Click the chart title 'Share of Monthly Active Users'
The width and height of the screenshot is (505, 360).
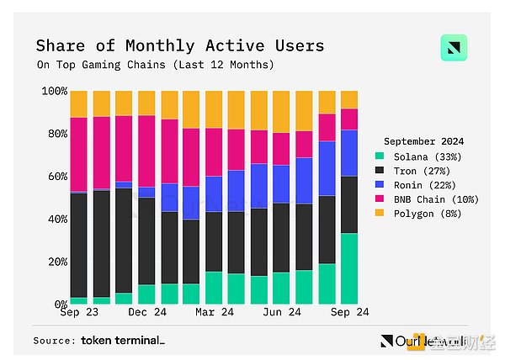point(179,45)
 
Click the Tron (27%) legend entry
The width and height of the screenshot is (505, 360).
point(418,171)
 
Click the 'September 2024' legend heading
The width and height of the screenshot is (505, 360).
point(424,141)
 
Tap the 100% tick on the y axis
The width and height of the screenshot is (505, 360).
point(54,91)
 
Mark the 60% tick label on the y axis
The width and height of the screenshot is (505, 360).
point(56,176)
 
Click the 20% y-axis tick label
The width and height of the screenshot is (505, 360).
point(56,261)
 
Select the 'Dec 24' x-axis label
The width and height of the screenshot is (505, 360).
point(146,312)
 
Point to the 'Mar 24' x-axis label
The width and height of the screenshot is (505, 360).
point(214,312)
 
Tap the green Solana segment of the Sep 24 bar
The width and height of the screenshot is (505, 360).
point(348,267)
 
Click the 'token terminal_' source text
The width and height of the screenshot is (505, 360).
point(123,341)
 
